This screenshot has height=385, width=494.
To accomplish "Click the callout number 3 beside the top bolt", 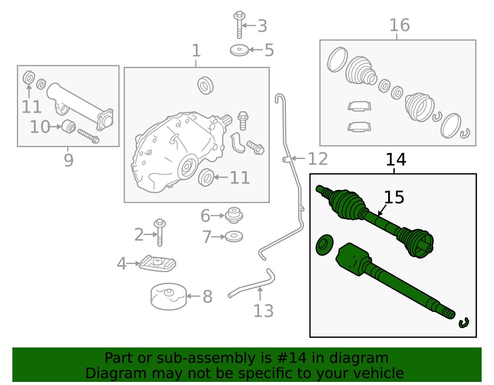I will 262,26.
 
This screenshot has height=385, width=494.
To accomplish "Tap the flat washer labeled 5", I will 239,50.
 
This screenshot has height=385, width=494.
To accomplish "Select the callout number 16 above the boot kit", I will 399,25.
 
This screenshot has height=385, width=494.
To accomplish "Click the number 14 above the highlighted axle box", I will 396,160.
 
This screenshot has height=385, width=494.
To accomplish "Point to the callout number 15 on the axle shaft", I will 394,197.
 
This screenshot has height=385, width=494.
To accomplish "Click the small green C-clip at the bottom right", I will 463,323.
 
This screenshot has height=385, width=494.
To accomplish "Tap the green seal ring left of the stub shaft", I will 324,245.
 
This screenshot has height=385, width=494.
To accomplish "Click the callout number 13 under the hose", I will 263,311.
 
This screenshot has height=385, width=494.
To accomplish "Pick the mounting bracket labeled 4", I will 158,264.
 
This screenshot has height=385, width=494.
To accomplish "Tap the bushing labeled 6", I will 234,215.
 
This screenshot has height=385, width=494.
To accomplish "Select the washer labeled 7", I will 234,236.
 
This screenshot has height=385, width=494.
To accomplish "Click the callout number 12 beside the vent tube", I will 318,159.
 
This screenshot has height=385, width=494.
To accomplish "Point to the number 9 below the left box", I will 69,160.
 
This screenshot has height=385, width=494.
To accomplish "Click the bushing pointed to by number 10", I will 69,126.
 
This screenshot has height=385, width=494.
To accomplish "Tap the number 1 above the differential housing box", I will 196,51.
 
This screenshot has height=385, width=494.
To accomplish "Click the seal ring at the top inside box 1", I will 205,85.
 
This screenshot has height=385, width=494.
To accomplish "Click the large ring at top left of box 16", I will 337,59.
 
